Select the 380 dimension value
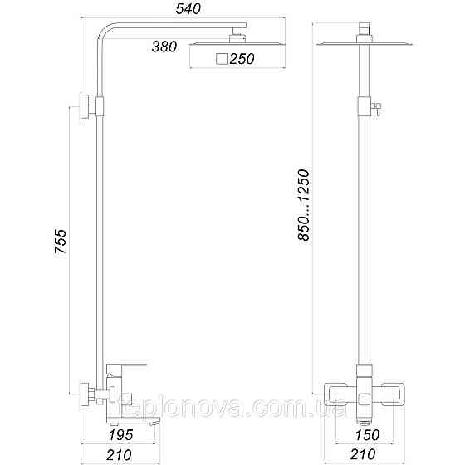click(x=164, y=46)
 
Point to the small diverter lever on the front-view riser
click(x=375, y=105)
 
